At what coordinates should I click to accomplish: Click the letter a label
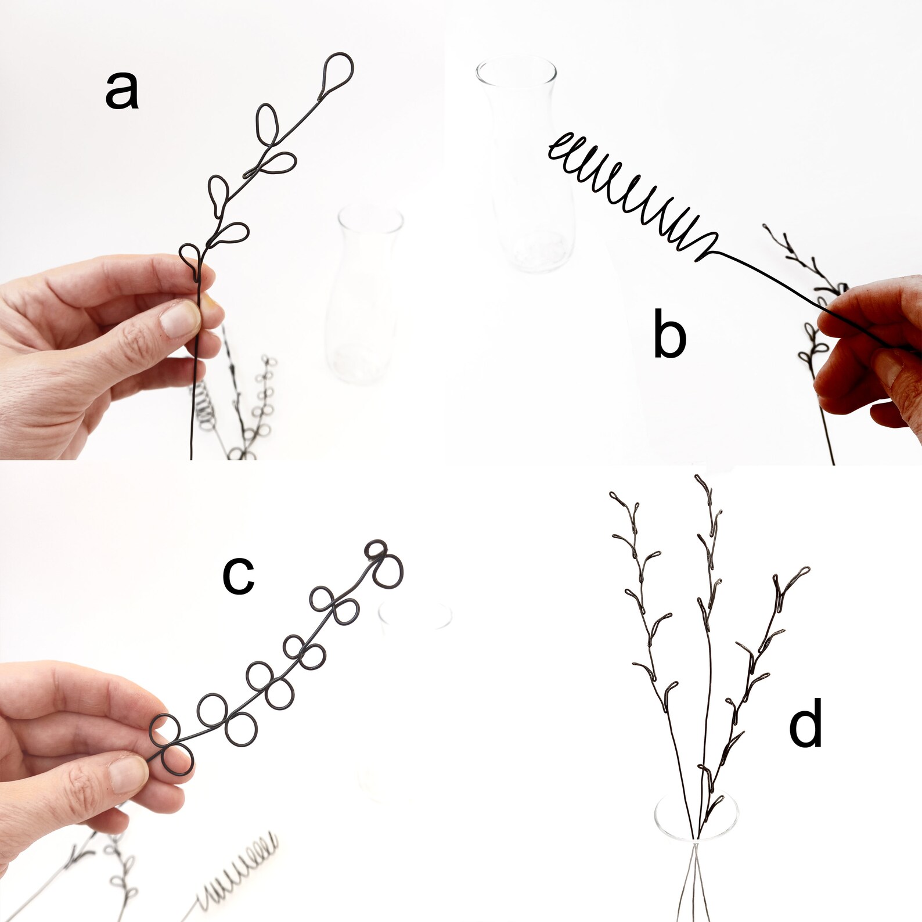(122, 92)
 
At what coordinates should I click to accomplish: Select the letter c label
(238, 575)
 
